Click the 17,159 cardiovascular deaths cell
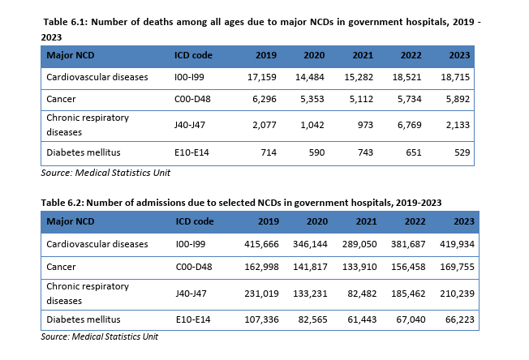pos(262,77)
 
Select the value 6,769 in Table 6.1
pos(409,125)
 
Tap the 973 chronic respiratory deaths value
pos(365,125)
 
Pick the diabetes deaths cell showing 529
pos(462,152)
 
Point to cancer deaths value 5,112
pos(361,99)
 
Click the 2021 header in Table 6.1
pos(363,55)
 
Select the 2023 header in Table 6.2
pos(464,221)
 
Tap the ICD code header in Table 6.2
pos(195,221)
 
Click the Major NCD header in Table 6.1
pos(71,55)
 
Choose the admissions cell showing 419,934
pos(457,244)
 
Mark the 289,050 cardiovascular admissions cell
pos(359,244)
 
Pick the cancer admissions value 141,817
pos(310,267)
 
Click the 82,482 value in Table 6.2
pos(362,294)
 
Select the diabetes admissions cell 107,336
pos(261,319)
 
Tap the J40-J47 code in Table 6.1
pos(190,125)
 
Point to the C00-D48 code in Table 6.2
pos(194,267)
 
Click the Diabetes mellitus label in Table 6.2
pos(84,319)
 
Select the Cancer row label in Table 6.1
pos(61,99)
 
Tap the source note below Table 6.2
pos(100,336)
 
